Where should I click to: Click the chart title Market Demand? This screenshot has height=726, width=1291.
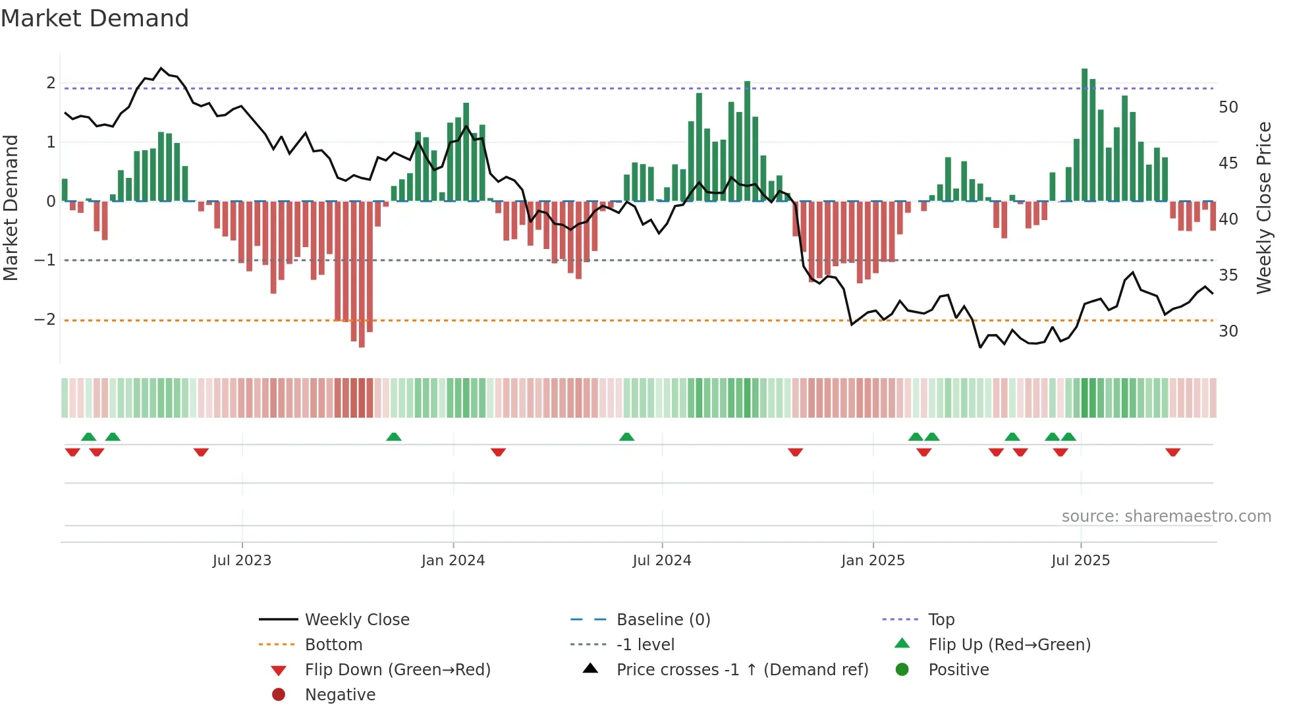(x=95, y=18)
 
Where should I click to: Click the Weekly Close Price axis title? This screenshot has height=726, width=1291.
(x=1263, y=208)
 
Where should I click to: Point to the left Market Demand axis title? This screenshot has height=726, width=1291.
(x=11, y=208)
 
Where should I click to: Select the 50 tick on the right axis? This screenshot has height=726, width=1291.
(x=1228, y=107)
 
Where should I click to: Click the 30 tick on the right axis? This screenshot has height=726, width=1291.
(x=1228, y=331)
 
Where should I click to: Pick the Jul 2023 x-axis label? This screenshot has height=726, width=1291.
(x=242, y=561)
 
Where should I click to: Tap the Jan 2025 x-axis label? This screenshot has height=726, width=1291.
(x=873, y=561)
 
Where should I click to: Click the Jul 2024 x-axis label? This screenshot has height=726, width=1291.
(x=662, y=561)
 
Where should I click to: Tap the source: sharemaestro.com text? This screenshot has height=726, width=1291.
(x=1166, y=517)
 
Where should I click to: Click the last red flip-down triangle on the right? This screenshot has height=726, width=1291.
(x=1172, y=452)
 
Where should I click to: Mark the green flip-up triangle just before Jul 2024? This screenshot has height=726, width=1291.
(x=626, y=437)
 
